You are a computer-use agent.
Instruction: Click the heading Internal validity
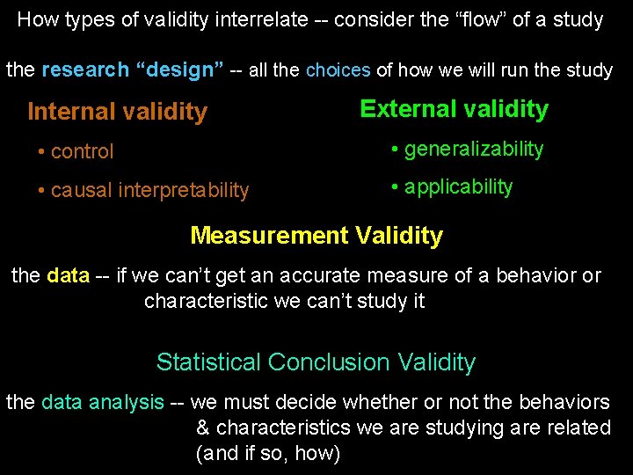point(117,112)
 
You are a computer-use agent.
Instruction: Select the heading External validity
point(454,109)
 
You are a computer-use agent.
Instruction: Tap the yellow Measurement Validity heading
point(316,236)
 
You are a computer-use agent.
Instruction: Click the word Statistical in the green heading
point(208,362)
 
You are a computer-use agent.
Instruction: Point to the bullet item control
point(82,151)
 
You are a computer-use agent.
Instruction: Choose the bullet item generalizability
point(473,150)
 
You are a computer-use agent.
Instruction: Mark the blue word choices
point(338,70)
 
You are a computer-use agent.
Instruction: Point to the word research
point(84,69)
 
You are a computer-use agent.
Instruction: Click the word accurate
point(333,275)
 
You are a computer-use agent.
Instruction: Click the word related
point(579,428)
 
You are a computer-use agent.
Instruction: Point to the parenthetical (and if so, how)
point(267,454)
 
